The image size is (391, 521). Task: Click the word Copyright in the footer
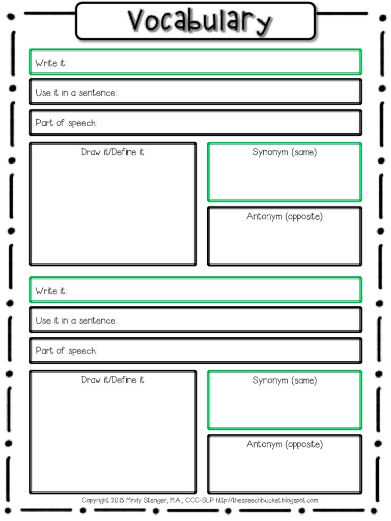[x=95, y=501]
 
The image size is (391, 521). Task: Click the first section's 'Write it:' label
[x=51, y=63]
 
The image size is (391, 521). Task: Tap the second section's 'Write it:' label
[x=51, y=291]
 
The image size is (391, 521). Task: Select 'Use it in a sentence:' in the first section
[x=76, y=93]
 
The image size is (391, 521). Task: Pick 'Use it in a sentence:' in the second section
[x=76, y=321]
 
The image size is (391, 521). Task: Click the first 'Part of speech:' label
[x=66, y=123]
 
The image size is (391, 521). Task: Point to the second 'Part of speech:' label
[x=66, y=351]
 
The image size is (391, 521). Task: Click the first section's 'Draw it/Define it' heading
[x=113, y=152]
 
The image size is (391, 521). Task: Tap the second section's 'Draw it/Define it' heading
[x=113, y=380]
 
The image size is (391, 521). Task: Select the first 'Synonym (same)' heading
[x=285, y=152]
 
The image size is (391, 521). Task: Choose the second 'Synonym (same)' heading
[x=285, y=380]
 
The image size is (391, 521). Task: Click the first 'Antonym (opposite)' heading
[x=285, y=217]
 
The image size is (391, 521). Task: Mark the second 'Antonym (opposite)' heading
[x=285, y=445]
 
